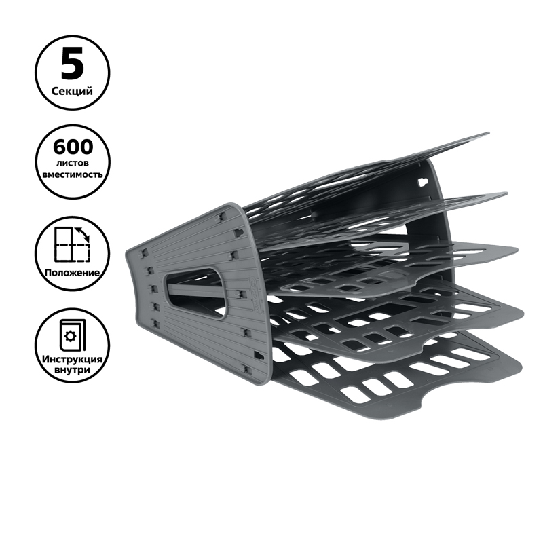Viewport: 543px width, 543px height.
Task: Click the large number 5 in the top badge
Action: tap(73, 64)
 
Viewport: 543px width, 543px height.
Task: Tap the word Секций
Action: tap(73, 92)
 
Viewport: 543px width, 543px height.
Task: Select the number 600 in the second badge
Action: tap(73, 147)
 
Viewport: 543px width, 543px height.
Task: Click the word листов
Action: tap(73, 163)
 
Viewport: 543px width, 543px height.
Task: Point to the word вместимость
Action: tap(73, 174)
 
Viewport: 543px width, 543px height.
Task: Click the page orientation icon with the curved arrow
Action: tap(73, 244)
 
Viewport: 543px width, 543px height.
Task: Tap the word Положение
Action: tap(72, 273)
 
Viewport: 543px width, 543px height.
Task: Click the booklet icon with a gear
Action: tap(73, 334)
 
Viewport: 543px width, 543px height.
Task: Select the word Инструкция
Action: tap(73, 359)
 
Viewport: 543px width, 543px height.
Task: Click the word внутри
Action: tap(73, 370)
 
